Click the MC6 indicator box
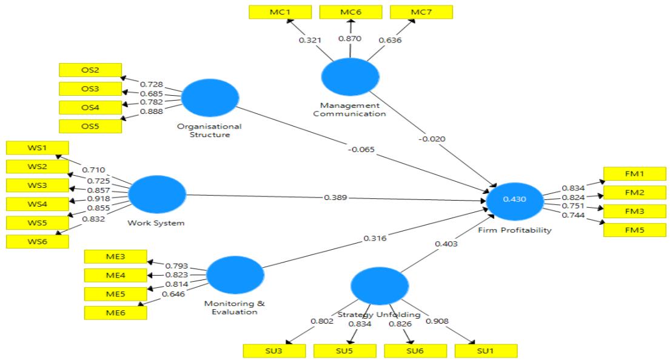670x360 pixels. pos(350,12)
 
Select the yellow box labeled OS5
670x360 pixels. pos(90,125)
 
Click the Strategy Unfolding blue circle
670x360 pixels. pos(379,286)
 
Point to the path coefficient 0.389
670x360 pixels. pos(335,198)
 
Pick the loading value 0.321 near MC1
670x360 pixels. pos(309,40)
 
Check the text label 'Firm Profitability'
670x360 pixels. pos(514,231)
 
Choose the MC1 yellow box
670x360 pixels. pos(280,12)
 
